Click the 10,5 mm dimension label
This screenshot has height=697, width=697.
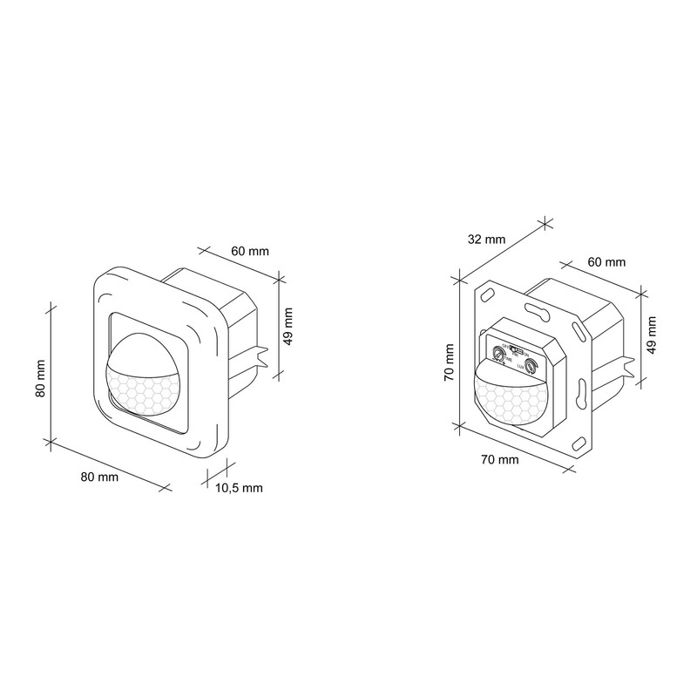click(238, 487)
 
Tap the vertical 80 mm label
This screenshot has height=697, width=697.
click(40, 376)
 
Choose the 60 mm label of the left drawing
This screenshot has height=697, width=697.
click(250, 251)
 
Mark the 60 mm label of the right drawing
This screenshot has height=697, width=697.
click(606, 262)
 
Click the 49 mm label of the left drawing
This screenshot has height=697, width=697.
click(288, 327)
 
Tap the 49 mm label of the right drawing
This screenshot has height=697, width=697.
click(652, 335)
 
